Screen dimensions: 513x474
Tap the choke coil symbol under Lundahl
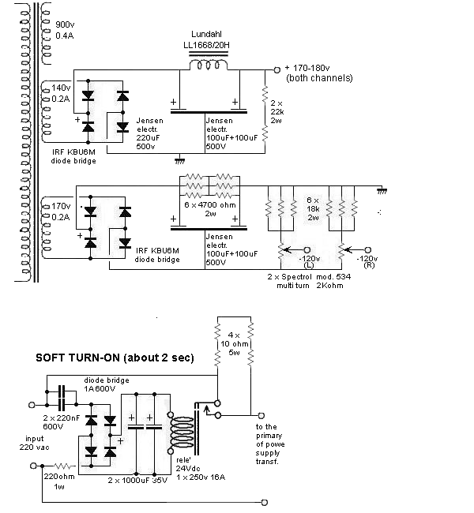210,69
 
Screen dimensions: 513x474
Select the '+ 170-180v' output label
317,73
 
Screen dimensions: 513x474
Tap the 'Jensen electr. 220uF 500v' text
150,135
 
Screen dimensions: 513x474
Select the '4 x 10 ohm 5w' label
232,346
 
